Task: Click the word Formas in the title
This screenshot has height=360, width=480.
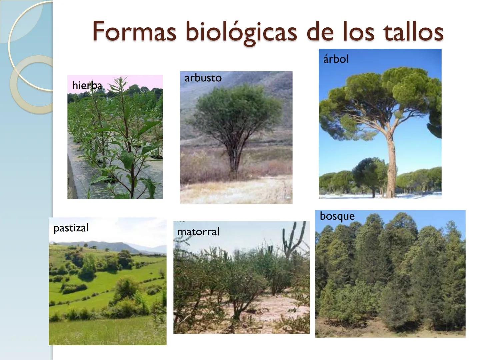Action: (134, 32)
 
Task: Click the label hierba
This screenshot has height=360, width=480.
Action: (87, 86)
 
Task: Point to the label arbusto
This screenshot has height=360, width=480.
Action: (203, 78)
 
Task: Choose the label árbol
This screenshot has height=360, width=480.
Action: (335, 59)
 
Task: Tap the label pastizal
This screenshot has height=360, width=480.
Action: (71, 228)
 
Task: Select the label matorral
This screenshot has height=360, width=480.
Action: (198, 232)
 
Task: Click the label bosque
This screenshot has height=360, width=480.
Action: (337, 216)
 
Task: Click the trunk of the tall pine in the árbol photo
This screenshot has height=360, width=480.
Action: (390, 160)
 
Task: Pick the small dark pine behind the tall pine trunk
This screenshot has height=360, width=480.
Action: (368, 172)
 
